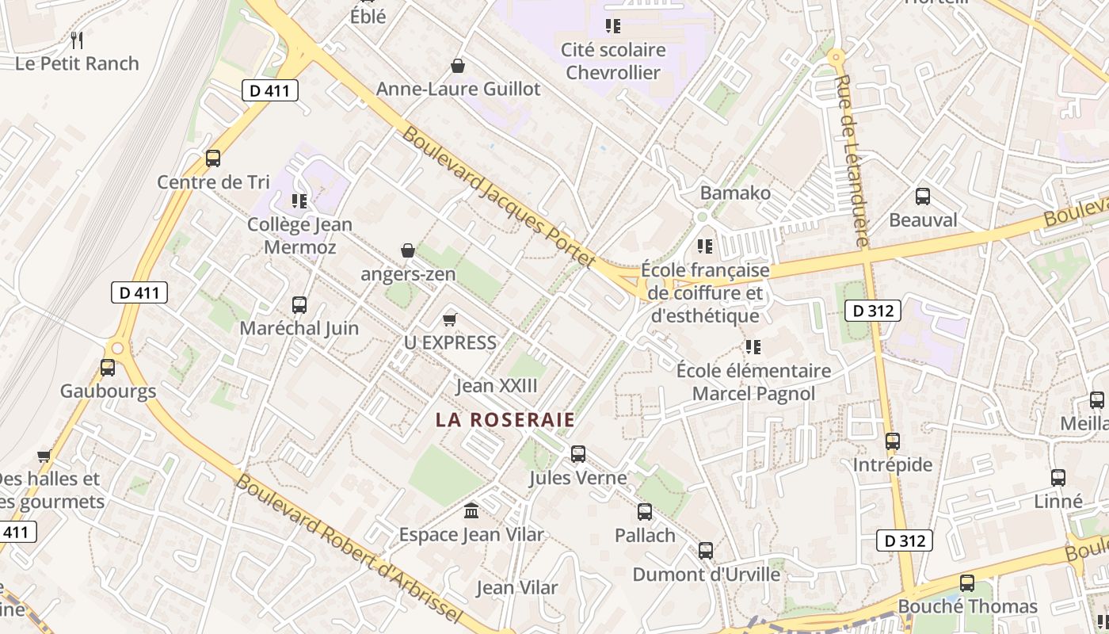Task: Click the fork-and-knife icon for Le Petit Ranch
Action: point(77,40)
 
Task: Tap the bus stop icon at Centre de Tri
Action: point(213,158)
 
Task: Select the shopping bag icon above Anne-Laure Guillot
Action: point(457,65)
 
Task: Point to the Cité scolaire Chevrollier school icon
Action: point(612,26)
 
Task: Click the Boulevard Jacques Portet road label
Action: point(498,197)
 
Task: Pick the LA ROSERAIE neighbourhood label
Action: point(505,420)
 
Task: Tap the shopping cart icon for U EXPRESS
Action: point(450,319)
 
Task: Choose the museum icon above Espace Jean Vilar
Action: point(471,510)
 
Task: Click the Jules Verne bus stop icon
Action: point(578,454)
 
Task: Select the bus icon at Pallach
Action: point(645,512)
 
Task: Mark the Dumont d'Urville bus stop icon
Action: point(706,550)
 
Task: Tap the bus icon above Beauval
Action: point(923,196)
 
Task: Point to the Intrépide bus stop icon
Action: point(893,441)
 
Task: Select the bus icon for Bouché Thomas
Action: point(967,583)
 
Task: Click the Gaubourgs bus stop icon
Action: point(108,368)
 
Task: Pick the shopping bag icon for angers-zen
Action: point(408,250)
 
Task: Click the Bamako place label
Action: point(735,193)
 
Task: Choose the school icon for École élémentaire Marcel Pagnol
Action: point(753,347)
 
